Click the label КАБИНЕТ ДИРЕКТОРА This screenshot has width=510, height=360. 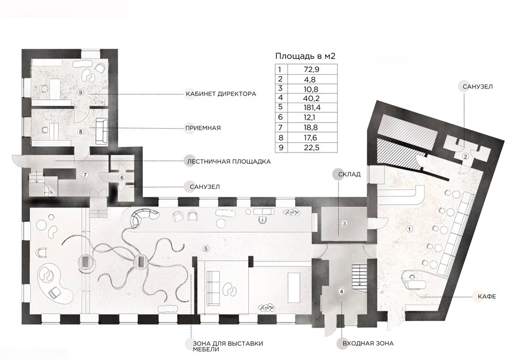pyautogui.click(x=220, y=94)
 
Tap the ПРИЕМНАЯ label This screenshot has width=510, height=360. pyautogui.click(x=203, y=128)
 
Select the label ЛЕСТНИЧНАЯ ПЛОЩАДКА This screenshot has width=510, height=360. pyautogui.click(x=228, y=161)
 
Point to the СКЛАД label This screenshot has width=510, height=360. pyautogui.click(x=349, y=174)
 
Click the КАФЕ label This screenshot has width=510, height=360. pyautogui.click(x=487, y=296)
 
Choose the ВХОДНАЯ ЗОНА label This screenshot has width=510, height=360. pyautogui.click(x=368, y=344)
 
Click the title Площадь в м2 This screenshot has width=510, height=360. pyautogui.click(x=305, y=56)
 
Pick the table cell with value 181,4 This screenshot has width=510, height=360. pyautogui.click(x=312, y=107)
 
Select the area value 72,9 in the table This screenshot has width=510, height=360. pyautogui.click(x=312, y=69)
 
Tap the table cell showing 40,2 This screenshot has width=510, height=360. pyautogui.click(x=312, y=98)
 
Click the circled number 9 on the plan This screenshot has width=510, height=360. pyautogui.click(x=81, y=92)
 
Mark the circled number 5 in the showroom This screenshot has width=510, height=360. pyautogui.click(x=205, y=249)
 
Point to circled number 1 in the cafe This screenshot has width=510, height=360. pyautogui.click(x=410, y=229)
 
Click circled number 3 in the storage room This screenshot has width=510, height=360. pyautogui.click(x=345, y=223)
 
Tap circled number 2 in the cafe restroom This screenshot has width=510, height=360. pyautogui.click(x=465, y=156)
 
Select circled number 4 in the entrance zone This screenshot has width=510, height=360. pyautogui.click(x=341, y=291)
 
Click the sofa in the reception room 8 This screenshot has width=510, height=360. pyautogui.click(x=101, y=131)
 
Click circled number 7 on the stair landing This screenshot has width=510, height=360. pyautogui.click(x=85, y=175)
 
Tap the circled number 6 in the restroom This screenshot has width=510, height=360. pyautogui.click(x=122, y=177)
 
